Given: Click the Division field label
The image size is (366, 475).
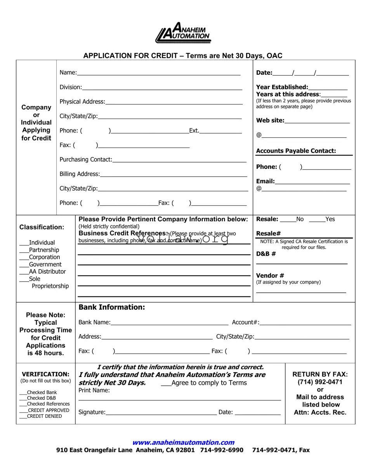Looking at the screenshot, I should click(70, 87).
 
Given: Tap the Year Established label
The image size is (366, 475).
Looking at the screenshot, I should click(282, 87).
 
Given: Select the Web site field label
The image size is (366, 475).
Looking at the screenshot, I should click(270, 121).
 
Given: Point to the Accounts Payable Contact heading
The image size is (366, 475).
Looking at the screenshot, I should click(296, 151).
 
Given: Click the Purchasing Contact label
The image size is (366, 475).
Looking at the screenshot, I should click(85, 160).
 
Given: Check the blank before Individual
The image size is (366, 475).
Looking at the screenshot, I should click(24, 242).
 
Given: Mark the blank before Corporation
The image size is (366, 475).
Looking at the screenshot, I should click(24, 257).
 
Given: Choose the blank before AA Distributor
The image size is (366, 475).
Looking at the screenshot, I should click(24, 272).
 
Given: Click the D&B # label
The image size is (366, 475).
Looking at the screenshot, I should click(266, 254).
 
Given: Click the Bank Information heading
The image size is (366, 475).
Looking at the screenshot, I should click(112, 307).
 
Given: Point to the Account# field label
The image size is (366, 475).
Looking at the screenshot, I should click(245, 323).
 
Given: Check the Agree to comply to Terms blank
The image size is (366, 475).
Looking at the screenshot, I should click(166, 383).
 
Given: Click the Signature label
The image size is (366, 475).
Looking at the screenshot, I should click(92, 412).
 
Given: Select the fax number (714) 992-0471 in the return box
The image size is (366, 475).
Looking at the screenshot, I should click(320, 382).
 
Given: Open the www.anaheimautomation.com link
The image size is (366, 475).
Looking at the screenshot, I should click(183, 442).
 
